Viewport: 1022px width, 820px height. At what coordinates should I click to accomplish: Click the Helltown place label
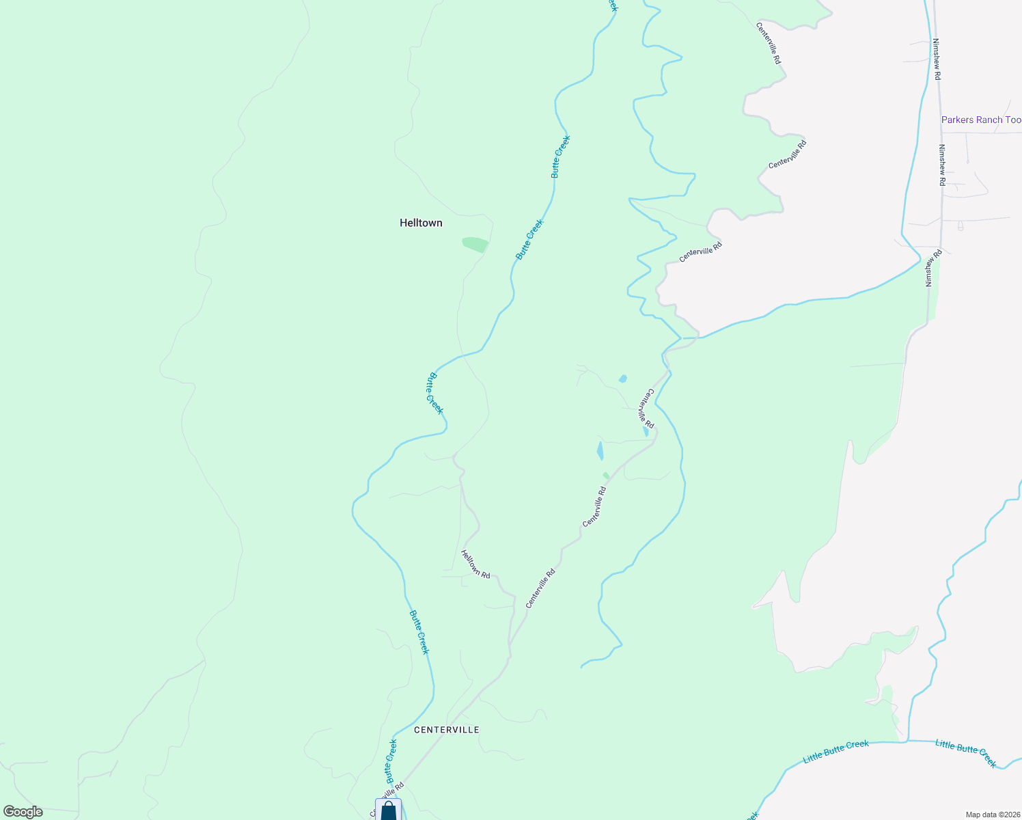pyautogui.click(x=421, y=223)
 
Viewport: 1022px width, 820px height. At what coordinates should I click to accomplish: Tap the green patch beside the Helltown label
pyautogui.click(x=475, y=244)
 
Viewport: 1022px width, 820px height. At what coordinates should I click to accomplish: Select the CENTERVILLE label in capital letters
pyautogui.click(x=447, y=730)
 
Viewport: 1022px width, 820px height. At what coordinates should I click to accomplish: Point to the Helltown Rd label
pyautogui.click(x=475, y=564)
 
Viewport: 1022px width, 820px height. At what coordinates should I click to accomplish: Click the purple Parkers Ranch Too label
pyautogui.click(x=981, y=120)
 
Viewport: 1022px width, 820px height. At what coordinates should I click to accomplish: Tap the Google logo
pyautogui.click(x=23, y=812)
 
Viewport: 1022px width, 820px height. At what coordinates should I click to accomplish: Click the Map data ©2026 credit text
pyautogui.click(x=992, y=815)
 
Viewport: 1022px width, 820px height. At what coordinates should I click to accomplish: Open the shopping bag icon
pyautogui.click(x=388, y=811)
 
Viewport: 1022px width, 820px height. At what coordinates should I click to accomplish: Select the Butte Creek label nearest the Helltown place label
pyautogui.click(x=529, y=239)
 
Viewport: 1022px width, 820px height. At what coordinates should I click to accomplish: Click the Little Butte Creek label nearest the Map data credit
pyautogui.click(x=966, y=753)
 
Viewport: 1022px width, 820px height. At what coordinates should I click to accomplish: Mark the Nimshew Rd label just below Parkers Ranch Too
pyautogui.click(x=941, y=165)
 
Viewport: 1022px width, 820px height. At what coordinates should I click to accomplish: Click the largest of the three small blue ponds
pyautogui.click(x=600, y=451)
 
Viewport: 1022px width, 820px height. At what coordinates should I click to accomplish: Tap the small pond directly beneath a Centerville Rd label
pyautogui.click(x=646, y=432)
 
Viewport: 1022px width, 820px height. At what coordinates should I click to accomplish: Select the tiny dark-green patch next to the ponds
pyautogui.click(x=606, y=476)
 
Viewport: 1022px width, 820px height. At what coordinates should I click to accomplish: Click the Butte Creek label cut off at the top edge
pyautogui.click(x=613, y=5)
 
